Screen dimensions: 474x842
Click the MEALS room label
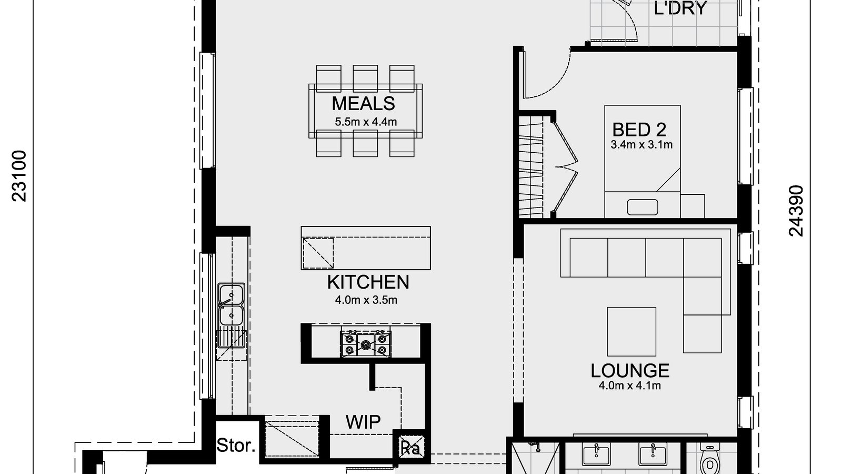pyautogui.click(x=363, y=103)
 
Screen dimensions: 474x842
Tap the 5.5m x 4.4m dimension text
pyautogui.click(x=366, y=122)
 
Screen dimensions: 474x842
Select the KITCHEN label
pyautogui.click(x=368, y=282)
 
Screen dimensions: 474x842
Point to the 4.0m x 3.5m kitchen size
pyautogui.click(x=366, y=300)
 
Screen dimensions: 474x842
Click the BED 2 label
pyautogui.click(x=639, y=130)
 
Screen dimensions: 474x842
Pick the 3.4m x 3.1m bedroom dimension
pyautogui.click(x=641, y=144)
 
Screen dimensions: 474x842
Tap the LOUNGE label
pyautogui.click(x=630, y=371)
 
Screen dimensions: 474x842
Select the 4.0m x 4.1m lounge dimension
pyautogui.click(x=629, y=386)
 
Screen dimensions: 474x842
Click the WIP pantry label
pyautogui.click(x=363, y=422)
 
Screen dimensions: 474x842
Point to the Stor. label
pyautogui.click(x=236, y=446)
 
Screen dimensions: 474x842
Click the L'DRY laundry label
pyautogui.click(x=680, y=8)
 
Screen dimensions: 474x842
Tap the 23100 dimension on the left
pyautogui.click(x=19, y=176)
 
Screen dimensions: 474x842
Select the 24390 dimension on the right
pyautogui.click(x=797, y=211)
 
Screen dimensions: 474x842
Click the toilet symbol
pyautogui.click(x=710, y=461)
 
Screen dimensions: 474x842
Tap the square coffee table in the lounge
pyautogui.click(x=631, y=332)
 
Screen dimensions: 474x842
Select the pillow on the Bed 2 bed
pyautogui.click(x=642, y=207)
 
